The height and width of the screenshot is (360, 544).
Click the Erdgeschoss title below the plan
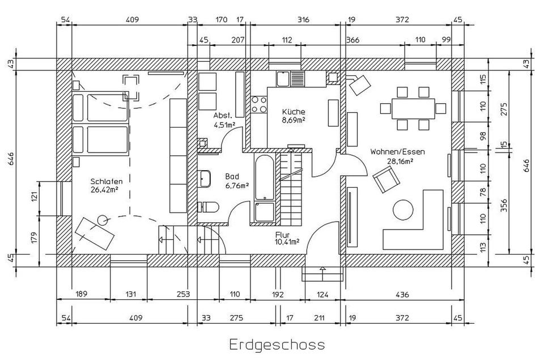(277, 344)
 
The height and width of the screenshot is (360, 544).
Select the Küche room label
(294, 112)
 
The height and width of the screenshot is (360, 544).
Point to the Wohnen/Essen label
(397, 152)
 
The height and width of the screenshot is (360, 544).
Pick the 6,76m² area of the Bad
(237, 185)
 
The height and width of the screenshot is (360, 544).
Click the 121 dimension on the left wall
(34, 197)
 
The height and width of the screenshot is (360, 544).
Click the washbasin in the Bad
(205, 179)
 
